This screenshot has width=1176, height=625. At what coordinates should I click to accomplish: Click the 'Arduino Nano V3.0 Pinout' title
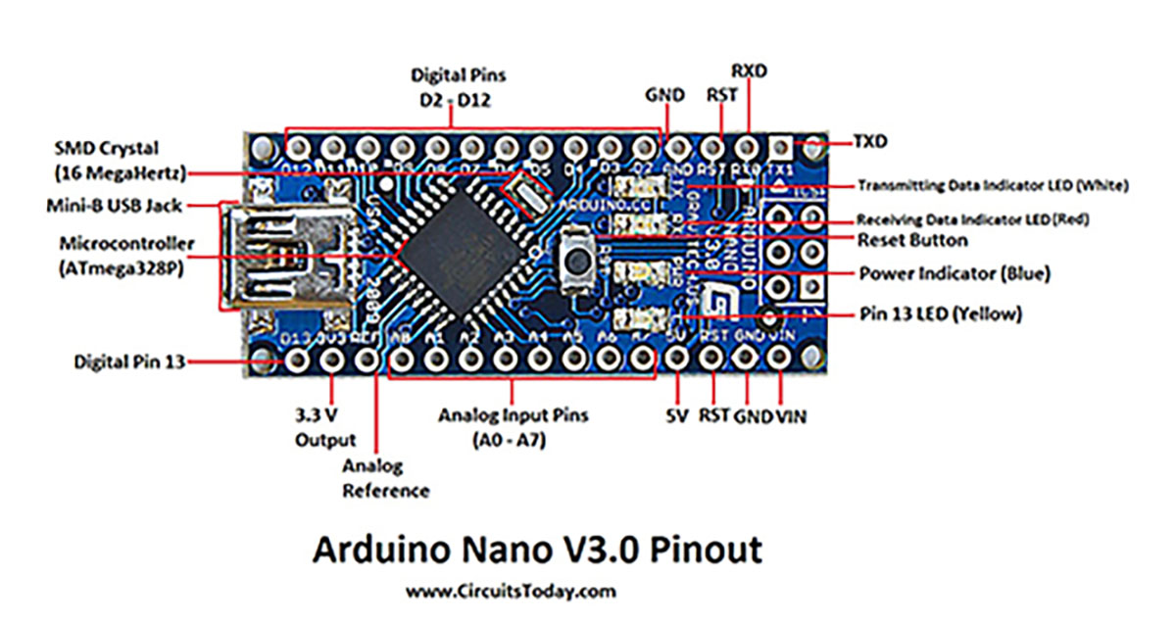point(537,550)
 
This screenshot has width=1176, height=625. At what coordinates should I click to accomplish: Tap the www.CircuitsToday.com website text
point(511,591)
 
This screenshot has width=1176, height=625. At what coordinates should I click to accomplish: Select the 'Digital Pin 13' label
point(129,361)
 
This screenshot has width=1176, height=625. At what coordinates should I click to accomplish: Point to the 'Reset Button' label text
point(912,240)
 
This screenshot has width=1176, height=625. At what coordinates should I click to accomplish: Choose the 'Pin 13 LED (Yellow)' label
point(941,314)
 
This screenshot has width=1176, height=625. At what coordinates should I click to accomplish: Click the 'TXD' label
point(868,142)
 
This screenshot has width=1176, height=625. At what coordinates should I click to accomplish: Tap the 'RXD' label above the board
point(750,71)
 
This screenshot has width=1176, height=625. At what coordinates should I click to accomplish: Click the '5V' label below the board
point(676,415)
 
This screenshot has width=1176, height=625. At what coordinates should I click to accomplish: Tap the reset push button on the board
point(579,260)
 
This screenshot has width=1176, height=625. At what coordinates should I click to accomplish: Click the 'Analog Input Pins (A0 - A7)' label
point(514,427)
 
